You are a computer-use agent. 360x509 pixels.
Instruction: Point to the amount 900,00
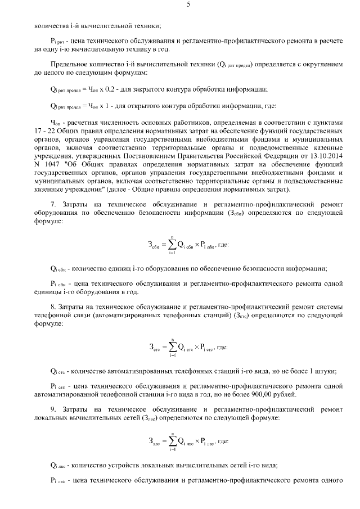pos(262,394)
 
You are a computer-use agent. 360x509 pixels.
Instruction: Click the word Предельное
pos(71,65)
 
